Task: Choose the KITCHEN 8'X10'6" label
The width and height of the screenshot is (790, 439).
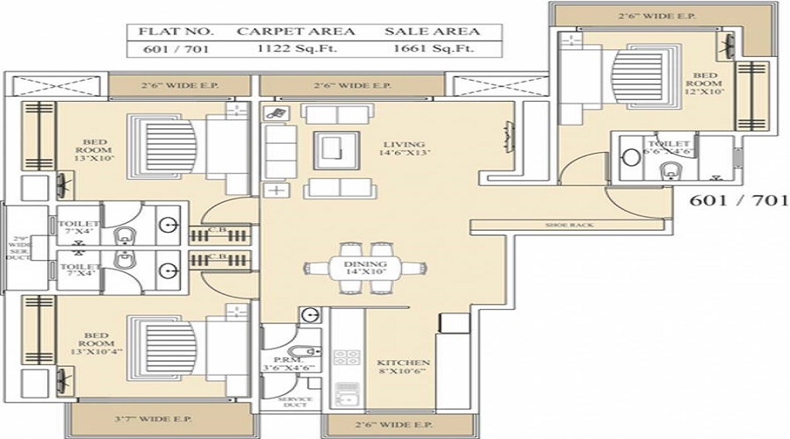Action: (x=402, y=368)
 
